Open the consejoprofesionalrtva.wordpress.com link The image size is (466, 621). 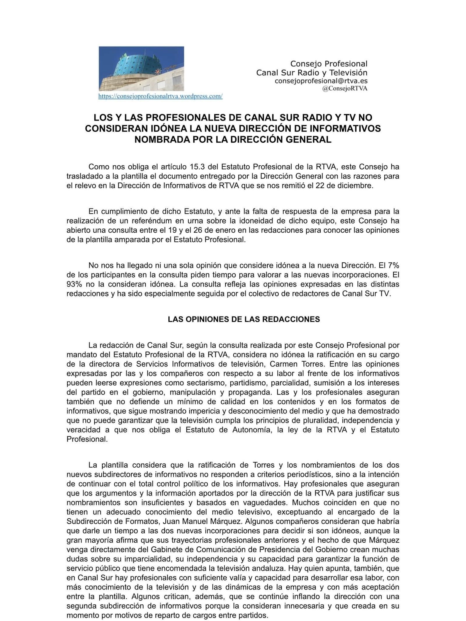pyautogui.click(x=160, y=96)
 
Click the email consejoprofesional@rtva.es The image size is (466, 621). pyautogui.click(x=321, y=81)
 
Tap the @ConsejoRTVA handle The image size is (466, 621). pyautogui.click(x=345, y=89)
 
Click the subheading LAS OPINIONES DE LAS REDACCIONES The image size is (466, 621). pyautogui.click(x=244, y=319)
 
